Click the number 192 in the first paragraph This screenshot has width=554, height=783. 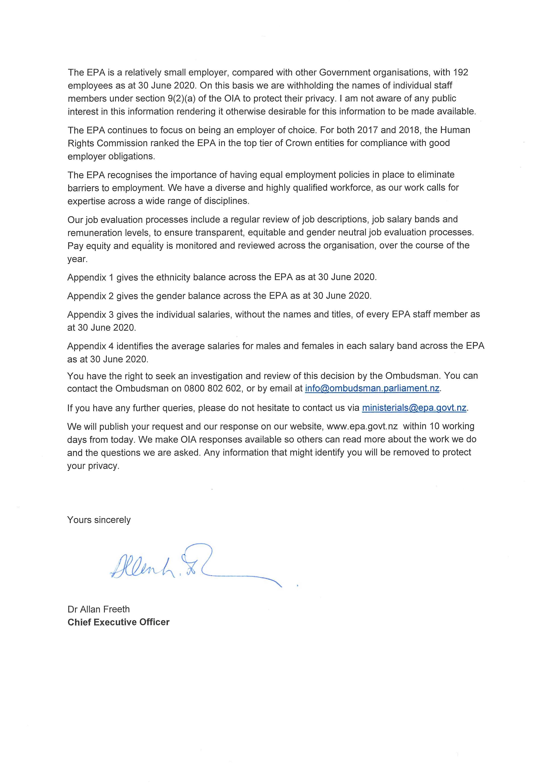(460, 72)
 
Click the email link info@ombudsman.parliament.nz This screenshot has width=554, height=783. (372, 388)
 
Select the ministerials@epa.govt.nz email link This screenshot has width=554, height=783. (414, 408)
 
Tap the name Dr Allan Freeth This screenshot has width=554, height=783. (99, 609)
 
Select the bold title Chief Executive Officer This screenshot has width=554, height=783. (118, 622)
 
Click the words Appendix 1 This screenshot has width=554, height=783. (90, 277)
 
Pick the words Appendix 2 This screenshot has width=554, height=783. (90, 296)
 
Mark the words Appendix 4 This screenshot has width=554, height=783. (90, 346)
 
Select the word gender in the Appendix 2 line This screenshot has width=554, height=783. (171, 296)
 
